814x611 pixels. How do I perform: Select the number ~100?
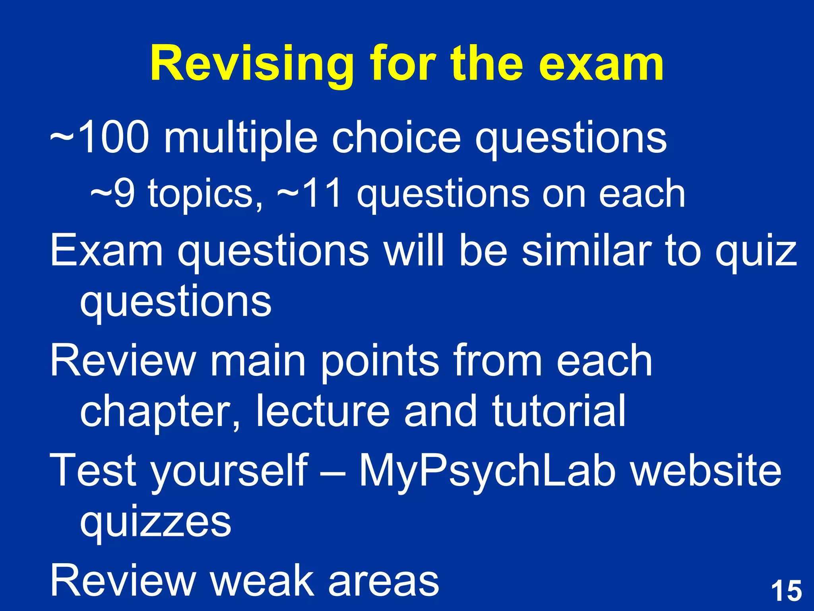[x=100, y=137]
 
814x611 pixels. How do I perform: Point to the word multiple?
[x=241, y=137]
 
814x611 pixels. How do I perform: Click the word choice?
[x=396, y=137]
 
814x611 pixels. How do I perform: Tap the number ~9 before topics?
[x=112, y=193]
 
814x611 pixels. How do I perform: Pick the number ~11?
[x=310, y=193]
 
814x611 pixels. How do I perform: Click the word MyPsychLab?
[x=487, y=471]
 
